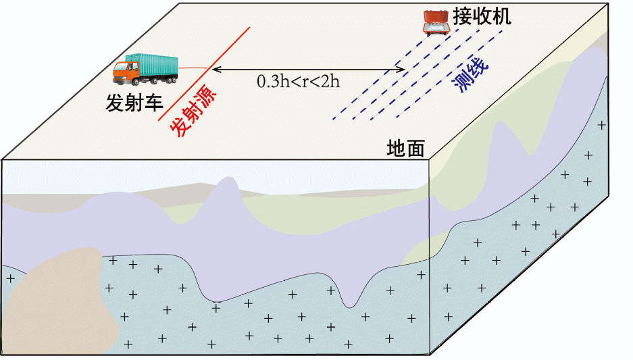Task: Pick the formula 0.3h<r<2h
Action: click(x=298, y=82)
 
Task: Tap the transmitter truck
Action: click(x=145, y=69)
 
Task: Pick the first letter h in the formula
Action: click(x=283, y=82)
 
